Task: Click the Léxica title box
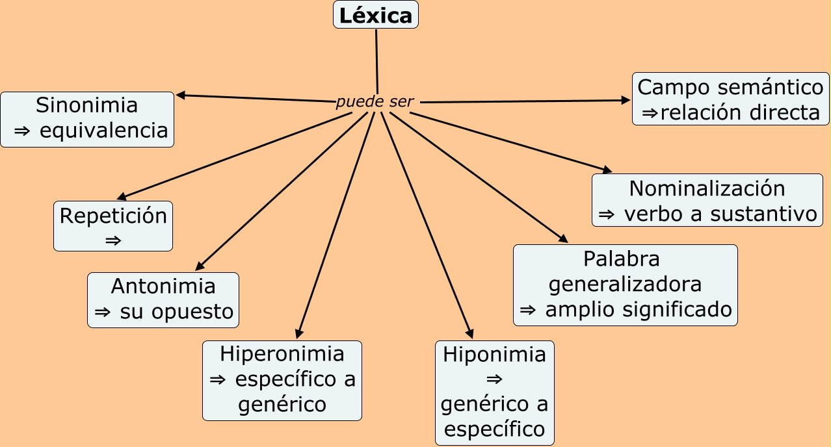[376, 15]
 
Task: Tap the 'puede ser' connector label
[375, 102]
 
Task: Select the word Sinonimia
[87, 105]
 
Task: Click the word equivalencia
[103, 131]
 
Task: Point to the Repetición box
[113, 225]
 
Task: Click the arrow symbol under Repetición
[113, 240]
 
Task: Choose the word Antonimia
[163, 286]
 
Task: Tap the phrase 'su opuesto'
[177, 312]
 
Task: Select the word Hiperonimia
[282, 354]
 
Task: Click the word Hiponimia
[495, 355]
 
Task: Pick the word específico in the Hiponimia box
[495, 429]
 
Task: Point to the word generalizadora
[626, 285]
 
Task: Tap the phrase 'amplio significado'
[639, 310]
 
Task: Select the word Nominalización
[707, 188]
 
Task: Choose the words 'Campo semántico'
[731, 87]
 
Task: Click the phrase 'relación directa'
[741, 112]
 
